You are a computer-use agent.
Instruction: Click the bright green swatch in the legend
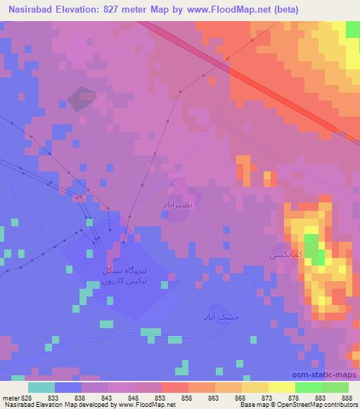point(308,387)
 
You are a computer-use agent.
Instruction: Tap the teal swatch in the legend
point(41,387)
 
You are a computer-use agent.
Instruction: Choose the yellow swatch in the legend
point(281,387)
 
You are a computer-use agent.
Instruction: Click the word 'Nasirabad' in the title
point(30,9)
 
